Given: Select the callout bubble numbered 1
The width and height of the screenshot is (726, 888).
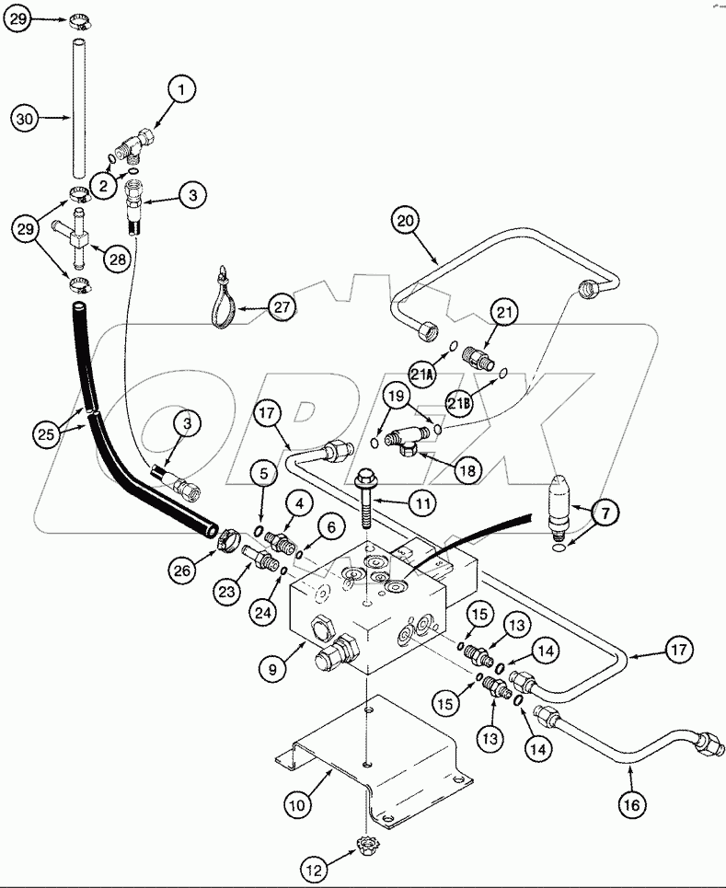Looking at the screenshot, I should click(181, 89).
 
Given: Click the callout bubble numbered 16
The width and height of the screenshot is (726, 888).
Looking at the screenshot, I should click(630, 806).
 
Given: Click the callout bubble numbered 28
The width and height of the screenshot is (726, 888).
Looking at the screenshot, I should click(117, 259).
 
